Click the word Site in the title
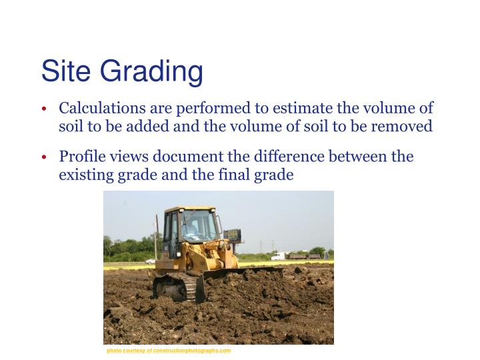click(x=63, y=71)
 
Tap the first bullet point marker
click(x=43, y=109)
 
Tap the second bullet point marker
click(x=43, y=158)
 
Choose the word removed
click(x=404, y=126)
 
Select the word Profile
click(x=81, y=157)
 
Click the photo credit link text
click(x=169, y=350)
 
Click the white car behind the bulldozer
click(x=150, y=261)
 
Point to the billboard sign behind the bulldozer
click(x=233, y=235)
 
